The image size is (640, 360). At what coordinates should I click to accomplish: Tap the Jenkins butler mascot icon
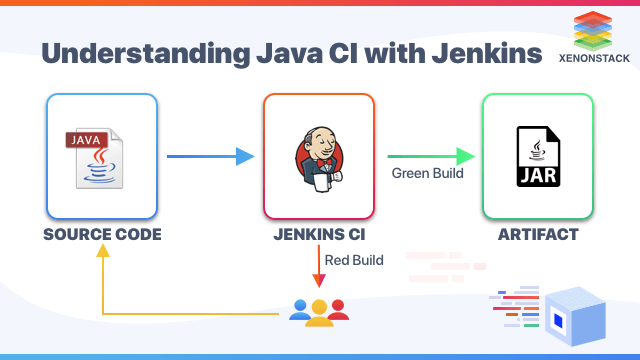pos(319,157)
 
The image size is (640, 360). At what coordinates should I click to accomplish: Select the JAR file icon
pos(537,157)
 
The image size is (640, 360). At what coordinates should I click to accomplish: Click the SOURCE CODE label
pos(102,236)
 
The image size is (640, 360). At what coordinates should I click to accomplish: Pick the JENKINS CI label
pos(319,236)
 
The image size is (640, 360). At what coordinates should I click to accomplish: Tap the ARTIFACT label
pos(537,236)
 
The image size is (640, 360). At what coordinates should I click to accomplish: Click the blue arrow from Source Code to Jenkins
pos(209,156)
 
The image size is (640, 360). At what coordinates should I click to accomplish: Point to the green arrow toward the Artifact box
pos(430,156)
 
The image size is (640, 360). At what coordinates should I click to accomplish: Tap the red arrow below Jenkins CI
pos(319,269)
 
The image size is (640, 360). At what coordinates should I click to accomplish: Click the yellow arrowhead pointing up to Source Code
pos(102,253)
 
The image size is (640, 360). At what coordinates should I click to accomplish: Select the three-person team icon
pos(319,312)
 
